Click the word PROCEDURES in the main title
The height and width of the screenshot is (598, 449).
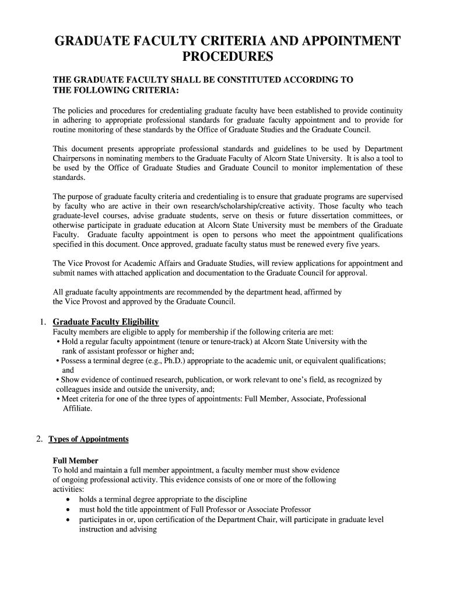point(227,57)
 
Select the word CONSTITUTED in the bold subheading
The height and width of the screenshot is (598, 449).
point(246,80)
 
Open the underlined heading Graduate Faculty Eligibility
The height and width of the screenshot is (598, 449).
point(106,322)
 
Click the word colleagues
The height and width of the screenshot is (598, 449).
point(76,389)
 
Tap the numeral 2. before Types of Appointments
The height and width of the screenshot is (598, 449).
point(40,439)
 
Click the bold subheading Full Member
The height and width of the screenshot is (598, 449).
point(75,461)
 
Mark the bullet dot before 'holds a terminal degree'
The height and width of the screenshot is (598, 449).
point(69,500)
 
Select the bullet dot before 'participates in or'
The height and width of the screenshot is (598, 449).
point(69,519)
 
